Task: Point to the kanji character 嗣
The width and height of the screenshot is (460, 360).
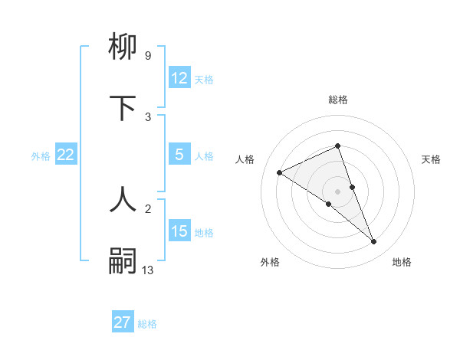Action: tap(123, 260)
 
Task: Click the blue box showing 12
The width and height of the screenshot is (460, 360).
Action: tap(179, 78)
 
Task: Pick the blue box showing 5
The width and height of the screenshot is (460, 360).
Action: tap(179, 155)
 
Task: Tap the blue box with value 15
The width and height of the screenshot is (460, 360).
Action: tap(179, 231)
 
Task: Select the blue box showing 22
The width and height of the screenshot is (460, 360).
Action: tap(66, 155)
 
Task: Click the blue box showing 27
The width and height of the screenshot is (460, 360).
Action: tap(123, 322)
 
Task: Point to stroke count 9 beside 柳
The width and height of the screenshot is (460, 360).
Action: tap(148, 55)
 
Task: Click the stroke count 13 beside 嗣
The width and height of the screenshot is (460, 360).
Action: tap(148, 270)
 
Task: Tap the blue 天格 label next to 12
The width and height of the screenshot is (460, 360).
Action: tap(204, 79)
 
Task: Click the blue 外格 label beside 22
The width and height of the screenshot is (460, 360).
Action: tap(41, 155)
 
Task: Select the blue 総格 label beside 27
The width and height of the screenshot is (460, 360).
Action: tap(147, 323)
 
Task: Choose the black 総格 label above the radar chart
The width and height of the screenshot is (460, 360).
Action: tap(338, 100)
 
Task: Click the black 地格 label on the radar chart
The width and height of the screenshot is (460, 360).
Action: tap(402, 262)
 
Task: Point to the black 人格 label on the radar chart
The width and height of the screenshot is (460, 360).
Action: tap(245, 159)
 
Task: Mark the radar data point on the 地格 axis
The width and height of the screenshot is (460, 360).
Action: tap(374, 242)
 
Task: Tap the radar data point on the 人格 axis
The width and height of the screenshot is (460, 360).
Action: tap(280, 172)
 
